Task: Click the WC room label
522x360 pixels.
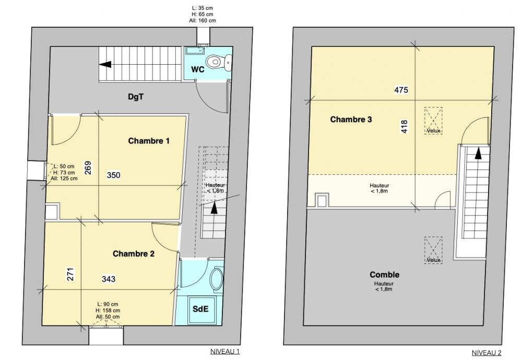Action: point(197,69)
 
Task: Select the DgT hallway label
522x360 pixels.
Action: point(136,97)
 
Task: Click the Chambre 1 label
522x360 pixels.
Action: point(149,141)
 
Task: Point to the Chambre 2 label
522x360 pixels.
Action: point(134,254)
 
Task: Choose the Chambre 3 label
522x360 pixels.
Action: point(351,119)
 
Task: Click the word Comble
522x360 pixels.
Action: point(385,274)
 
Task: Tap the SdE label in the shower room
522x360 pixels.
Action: point(201,309)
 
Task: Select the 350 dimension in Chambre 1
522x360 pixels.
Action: point(113,175)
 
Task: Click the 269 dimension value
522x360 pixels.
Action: point(88,167)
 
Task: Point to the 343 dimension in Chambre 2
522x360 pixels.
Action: point(109,279)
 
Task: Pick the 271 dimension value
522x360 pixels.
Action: point(70,274)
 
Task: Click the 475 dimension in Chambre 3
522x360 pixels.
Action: point(401,90)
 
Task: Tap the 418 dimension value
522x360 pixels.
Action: point(405,127)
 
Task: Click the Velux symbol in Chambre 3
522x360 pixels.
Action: point(433,121)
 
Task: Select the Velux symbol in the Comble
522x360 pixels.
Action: point(433,250)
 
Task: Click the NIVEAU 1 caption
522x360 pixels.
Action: point(225,351)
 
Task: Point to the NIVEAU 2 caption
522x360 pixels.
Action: point(487,353)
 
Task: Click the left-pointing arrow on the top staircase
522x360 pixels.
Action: point(105,64)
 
